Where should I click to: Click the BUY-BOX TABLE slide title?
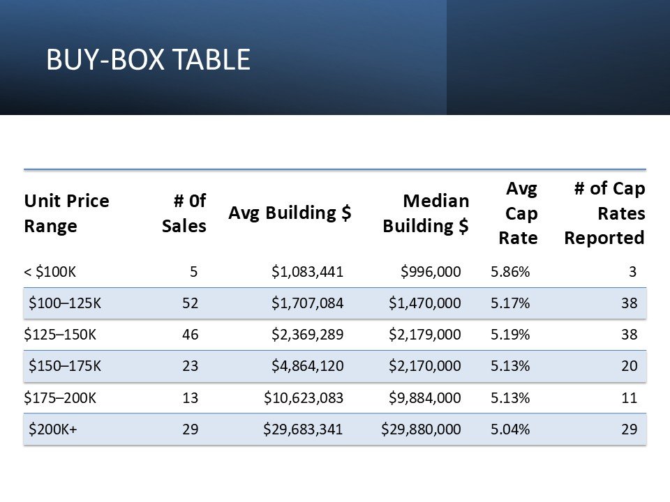148,59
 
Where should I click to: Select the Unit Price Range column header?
67,213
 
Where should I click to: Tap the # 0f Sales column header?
184,213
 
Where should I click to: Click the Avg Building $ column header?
290,213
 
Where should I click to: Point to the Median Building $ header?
426,213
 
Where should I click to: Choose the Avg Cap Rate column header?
519,213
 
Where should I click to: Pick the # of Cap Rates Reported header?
604,213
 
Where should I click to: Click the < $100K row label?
50,272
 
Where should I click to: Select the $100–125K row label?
65,303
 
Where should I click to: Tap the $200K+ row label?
53,429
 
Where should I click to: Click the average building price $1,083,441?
308,272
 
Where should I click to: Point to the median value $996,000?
431,272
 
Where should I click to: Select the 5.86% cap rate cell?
510,272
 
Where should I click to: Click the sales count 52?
190,303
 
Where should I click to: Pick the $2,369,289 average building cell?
308,334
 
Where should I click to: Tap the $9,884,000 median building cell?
425,398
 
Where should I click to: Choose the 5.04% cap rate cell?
510,429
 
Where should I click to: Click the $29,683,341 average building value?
303,429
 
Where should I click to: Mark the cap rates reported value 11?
630,398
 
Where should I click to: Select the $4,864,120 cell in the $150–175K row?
308,366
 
